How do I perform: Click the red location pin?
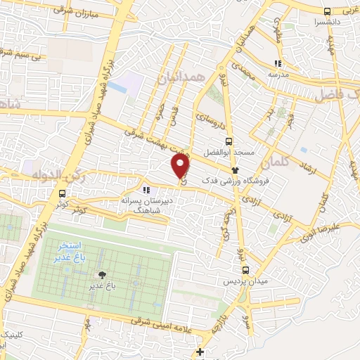[x=181, y=166]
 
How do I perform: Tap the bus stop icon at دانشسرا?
[x=326, y=11]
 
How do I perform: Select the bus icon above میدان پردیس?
[x=245, y=269]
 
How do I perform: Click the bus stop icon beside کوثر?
[x=63, y=194]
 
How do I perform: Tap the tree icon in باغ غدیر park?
[x=103, y=275]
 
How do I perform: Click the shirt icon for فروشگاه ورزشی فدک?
[x=236, y=170]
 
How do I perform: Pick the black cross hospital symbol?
[x=201, y=352]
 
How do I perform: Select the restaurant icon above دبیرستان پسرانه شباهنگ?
[x=146, y=190]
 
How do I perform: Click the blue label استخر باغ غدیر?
[x=70, y=251]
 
